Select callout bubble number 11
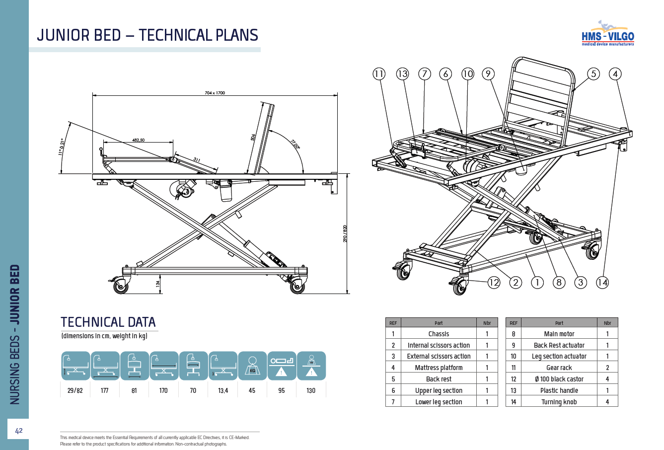point(379,74)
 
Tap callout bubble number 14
point(602,283)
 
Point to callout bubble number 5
point(593,74)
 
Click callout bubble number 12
point(494,283)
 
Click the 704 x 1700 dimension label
point(215,93)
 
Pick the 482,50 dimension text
point(138,140)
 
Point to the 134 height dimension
point(158,284)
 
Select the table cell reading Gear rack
point(559,368)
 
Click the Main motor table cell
point(559,334)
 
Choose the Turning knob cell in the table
point(559,402)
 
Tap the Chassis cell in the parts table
point(439,334)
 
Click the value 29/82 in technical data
point(75,390)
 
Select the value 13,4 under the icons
point(223,390)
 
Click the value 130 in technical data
point(311,390)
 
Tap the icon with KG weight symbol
point(252,366)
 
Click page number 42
point(19,431)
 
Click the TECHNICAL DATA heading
point(108,322)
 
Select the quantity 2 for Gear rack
point(607,368)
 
